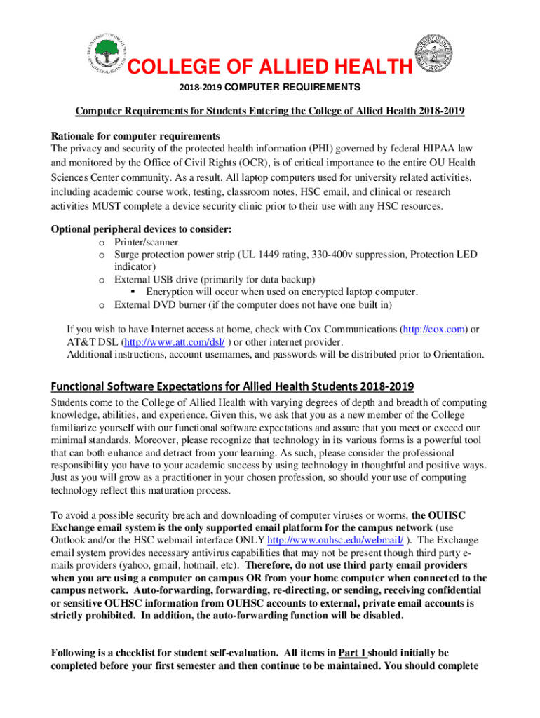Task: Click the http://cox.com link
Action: (x=431, y=329)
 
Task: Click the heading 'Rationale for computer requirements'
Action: (x=136, y=135)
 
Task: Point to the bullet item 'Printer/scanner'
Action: (x=147, y=242)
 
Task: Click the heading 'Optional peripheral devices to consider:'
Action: (x=142, y=229)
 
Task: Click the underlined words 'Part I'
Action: (x=352, y=653)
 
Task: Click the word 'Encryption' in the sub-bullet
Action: (x=172, y=292)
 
